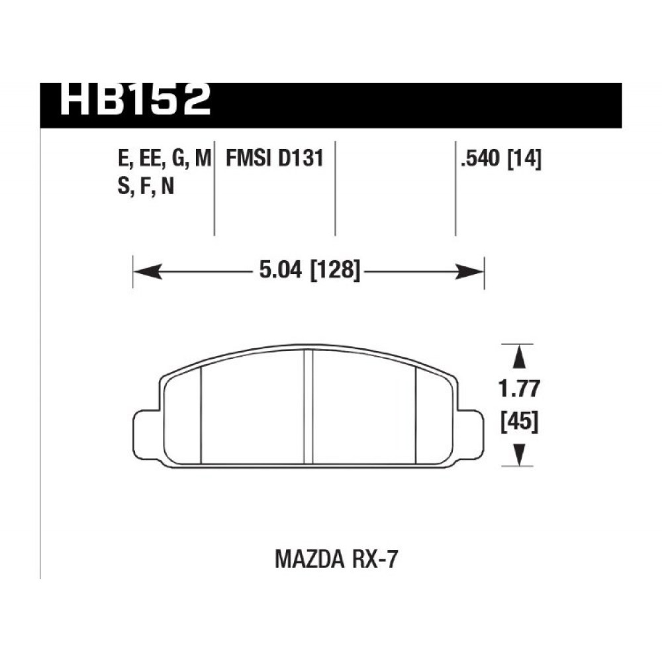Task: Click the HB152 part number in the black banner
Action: pyautogui.click(x=135, y=100)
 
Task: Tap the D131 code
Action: pyautogui.click(x=301, y=158)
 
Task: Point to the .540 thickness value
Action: pyautogui.click(x=481, y=159)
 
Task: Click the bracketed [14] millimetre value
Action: pyautogui.click(x=524, y=159)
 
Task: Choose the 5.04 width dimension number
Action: pyautogui.click(x=281, y=270)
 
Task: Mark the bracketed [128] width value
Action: pyautogui.click(x=335, y=270)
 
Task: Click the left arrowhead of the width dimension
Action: pyautogui.click(x=148, y=271)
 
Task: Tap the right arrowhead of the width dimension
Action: pyautogui.click(x=469, y=271)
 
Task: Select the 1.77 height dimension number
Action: pyautogui.click(x=519, y=389)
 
